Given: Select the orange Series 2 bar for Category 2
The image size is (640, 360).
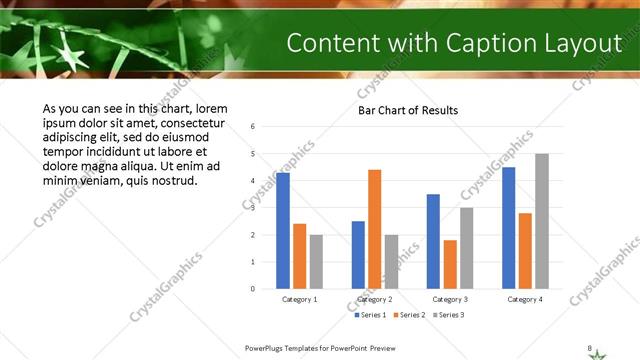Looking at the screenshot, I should click(x=375, y=229).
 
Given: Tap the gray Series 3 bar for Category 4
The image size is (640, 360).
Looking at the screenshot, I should click(x=542, y=221).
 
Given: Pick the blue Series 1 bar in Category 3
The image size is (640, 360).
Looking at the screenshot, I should click(x=433, y=241).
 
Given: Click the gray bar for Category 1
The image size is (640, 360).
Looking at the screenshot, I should click(x=316, y=261).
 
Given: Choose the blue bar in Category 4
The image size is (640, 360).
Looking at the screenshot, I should click(x=508, y=227).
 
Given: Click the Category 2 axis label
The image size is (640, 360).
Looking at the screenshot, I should click(x=375, y=299).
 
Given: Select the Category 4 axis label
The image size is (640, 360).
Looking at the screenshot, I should click(x=525, y=299).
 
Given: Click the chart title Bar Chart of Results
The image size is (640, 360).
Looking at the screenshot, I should click(x=408, y=110).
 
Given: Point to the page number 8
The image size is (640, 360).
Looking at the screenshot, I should click(x=589, y=347).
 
